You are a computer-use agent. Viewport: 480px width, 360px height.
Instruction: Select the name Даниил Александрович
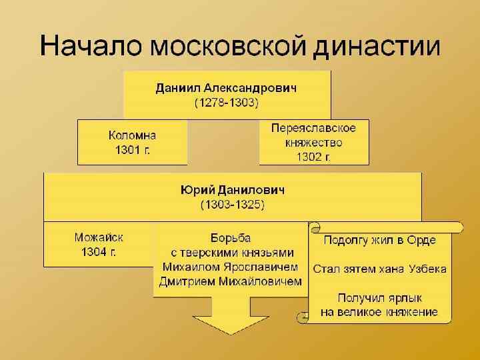[227, 88]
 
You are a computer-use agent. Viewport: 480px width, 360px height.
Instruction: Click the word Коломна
[132, 135]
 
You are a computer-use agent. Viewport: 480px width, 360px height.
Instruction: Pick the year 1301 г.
[132, 150]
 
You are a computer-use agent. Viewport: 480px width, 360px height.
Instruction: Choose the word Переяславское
[313, 128]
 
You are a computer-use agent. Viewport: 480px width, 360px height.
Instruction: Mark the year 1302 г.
[313, 157]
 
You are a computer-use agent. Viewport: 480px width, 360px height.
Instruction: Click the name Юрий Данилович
[233, 190]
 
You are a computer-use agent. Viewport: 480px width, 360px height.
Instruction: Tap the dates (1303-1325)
[233, 205]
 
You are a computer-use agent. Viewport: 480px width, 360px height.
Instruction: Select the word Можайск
[99, 237]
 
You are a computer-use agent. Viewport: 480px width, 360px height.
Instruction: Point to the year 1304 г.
[99, 252]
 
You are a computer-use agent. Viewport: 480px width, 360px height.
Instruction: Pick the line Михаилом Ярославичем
[230, 267]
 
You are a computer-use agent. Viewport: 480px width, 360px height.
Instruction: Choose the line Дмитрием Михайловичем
[230, 282]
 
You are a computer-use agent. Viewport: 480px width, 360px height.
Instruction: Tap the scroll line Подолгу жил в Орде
[380, 240]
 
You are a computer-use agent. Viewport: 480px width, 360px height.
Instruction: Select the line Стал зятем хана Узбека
[380, 269]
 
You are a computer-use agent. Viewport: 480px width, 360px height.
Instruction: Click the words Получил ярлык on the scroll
[379, 297]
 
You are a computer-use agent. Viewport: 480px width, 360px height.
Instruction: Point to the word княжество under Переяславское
[313, 143]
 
